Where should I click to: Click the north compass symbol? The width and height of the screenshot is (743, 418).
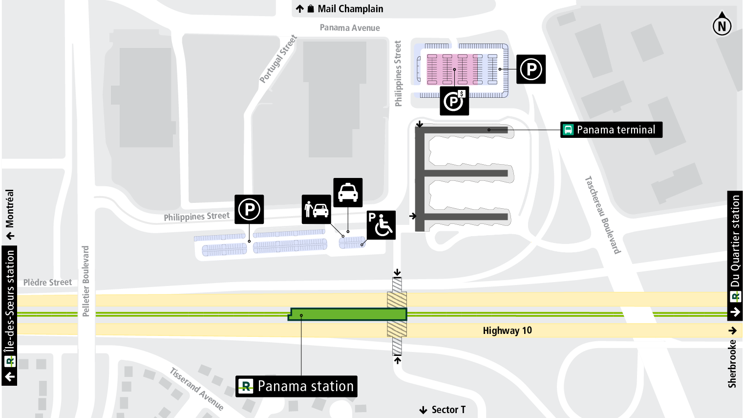(722, 24)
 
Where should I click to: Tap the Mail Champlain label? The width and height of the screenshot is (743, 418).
(350, 9)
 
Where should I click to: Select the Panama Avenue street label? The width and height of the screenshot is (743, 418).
(350, 28)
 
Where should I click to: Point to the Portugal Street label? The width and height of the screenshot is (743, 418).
(278, 59)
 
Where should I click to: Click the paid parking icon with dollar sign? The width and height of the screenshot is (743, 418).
(454, 101)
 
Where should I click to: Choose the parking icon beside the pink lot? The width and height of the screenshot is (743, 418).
(531, 69)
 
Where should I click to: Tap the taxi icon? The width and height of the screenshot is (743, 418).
(348, 192)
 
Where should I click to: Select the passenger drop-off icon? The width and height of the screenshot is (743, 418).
(317, 209)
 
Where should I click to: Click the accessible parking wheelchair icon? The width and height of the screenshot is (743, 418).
(381, 225)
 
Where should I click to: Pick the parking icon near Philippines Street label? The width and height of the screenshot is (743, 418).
(249, 209)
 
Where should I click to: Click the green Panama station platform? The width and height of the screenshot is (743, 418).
(348, 314)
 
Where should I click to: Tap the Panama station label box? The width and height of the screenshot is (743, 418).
(297, 386)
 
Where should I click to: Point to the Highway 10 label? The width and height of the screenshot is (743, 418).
(507, 330)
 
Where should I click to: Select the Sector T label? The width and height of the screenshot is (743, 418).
(448, 410)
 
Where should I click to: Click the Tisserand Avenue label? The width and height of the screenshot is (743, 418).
(196, 389)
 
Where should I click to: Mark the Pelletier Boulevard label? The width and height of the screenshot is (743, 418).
(86, 281)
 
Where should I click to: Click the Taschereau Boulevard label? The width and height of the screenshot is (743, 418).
(603, 215)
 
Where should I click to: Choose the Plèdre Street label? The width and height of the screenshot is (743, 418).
(47, 283)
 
